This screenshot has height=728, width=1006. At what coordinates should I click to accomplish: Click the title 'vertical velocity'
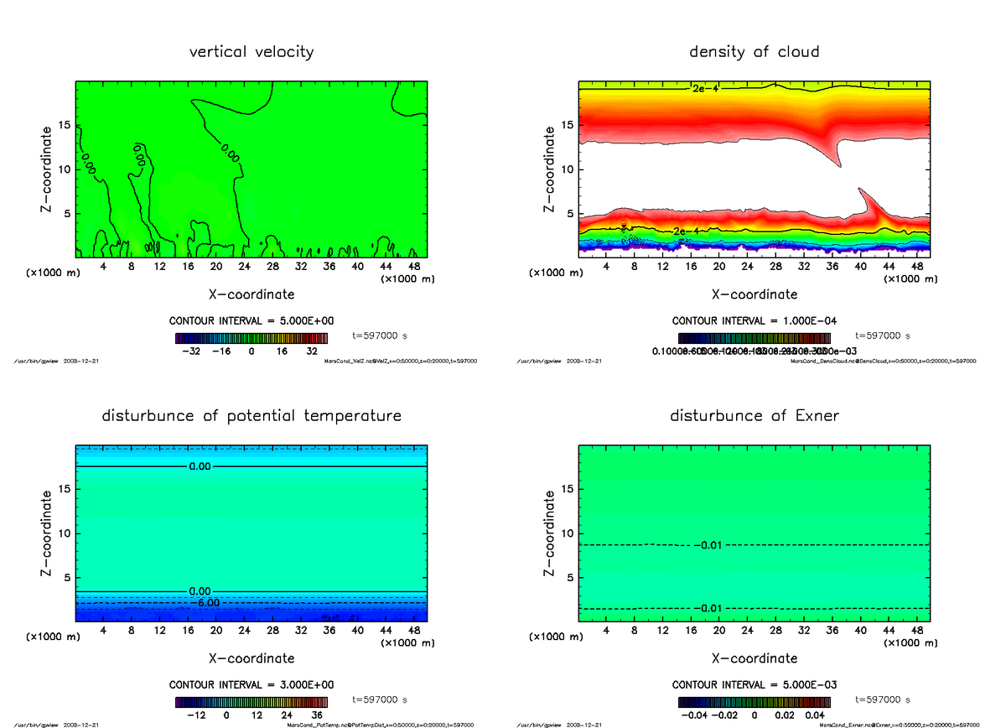coord(251,52)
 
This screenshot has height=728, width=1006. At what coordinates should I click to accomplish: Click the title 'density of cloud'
coord(754,52)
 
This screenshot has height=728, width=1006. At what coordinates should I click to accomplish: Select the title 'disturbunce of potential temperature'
coord(251,416)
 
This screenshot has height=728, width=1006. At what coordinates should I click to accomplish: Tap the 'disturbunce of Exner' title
coord(754,416)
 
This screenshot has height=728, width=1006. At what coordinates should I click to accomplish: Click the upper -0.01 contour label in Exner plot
coord(708,545)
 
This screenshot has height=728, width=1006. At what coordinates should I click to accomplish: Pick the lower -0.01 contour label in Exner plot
coord(708,608)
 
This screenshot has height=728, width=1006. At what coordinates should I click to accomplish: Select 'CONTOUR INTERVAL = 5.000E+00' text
coord(251,321)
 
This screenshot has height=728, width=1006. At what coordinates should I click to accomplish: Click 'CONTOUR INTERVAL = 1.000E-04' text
coord(754,321)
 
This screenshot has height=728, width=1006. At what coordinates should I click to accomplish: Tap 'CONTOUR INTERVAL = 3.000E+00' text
coord(251,684)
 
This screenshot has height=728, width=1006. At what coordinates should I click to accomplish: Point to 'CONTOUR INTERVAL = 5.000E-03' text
coord(754,684)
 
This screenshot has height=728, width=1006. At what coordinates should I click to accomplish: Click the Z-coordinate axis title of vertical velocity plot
coord(49,169)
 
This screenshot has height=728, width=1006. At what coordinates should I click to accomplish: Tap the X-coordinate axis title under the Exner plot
coord(754,658)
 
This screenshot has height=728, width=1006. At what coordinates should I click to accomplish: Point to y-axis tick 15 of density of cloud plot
coord(567,126)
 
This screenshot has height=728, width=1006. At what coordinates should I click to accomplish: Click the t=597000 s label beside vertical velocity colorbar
coord(381,335)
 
